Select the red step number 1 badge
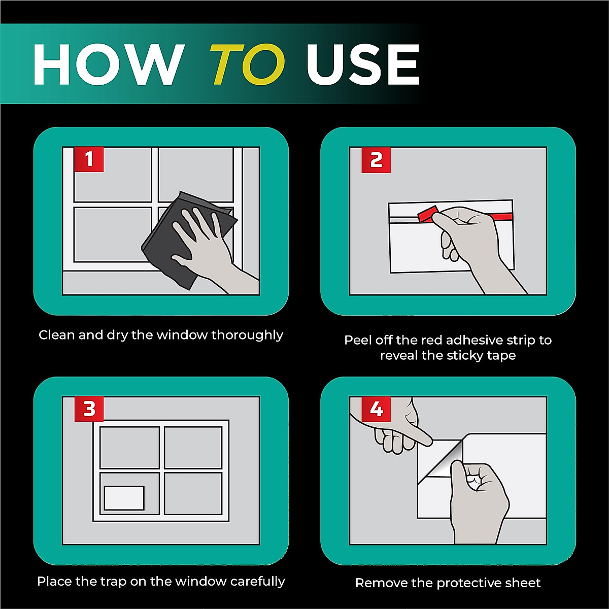[89, 159]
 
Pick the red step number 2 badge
[376, 160]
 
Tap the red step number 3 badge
[89, 409]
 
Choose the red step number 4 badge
[376, 409]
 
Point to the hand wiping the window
[209, 247]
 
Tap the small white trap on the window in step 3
[124, 498]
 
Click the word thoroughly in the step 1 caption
[247, 335]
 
